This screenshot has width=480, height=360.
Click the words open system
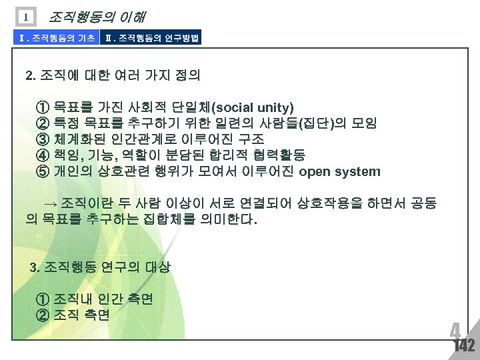(x=340, y=171)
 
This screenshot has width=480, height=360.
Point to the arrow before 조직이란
(x=51, y=203)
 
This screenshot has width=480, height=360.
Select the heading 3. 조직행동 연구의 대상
(x=101, y=267)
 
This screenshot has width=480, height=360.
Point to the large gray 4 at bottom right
(x=455, y=331)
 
